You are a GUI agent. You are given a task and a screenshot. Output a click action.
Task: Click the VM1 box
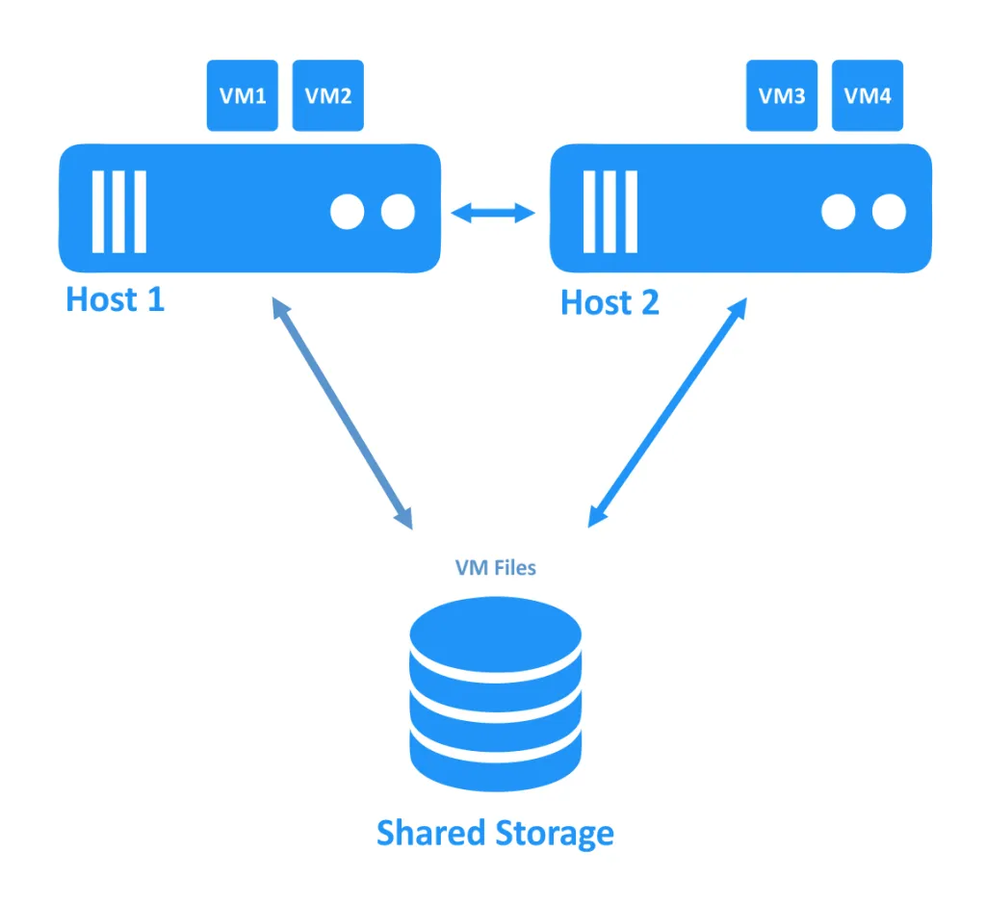tap(243, 95)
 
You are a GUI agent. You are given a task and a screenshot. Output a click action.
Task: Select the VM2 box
tap(328, 95)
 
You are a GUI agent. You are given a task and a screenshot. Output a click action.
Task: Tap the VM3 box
tap(782, 95)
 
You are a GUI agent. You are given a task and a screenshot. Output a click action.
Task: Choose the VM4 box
tap(868, 95)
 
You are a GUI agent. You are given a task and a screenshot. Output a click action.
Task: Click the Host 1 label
tap(116, 299)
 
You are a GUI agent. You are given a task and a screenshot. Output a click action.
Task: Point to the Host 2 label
tap(610, 303)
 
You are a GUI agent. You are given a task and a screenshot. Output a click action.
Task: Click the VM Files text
tap(495, 567)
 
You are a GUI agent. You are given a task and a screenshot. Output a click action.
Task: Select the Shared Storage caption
tap(495, 833)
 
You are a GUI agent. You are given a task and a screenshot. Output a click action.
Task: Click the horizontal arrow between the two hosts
tap(494, 213)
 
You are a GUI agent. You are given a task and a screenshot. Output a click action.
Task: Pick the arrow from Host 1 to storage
tap(341, 412)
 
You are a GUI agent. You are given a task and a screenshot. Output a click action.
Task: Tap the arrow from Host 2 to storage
tap(667, 412)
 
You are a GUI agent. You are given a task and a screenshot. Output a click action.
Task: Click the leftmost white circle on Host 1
tap(348, 212)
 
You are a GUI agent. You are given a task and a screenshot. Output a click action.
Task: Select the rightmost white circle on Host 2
tap(889, 212)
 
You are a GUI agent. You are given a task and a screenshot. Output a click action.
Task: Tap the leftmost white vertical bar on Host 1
tap(97, 212)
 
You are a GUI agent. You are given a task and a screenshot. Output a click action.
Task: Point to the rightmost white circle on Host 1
tap(397, 212)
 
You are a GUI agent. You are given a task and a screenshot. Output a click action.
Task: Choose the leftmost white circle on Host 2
tap(839, 212)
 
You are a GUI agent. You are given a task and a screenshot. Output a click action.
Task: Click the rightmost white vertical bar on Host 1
tap(140, 212)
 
